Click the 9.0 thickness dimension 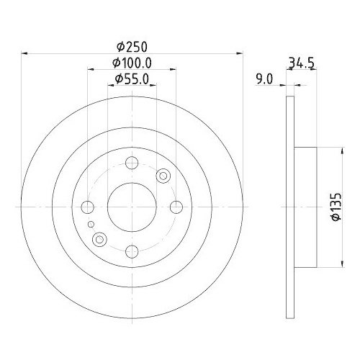pos(264,80)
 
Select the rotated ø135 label pos(333,208)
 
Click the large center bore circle pos(132,207)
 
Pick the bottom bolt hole pos(132,251)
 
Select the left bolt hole pos(89,207)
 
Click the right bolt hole pos(176,207)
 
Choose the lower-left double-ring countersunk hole pos(100,239)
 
